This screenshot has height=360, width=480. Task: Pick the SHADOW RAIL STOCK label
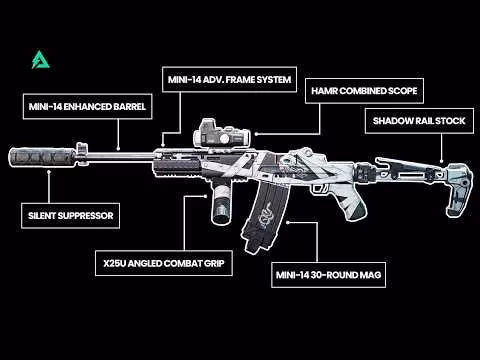click(x=413, y=120)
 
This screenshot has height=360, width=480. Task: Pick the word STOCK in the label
click(x=443, y=120)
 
